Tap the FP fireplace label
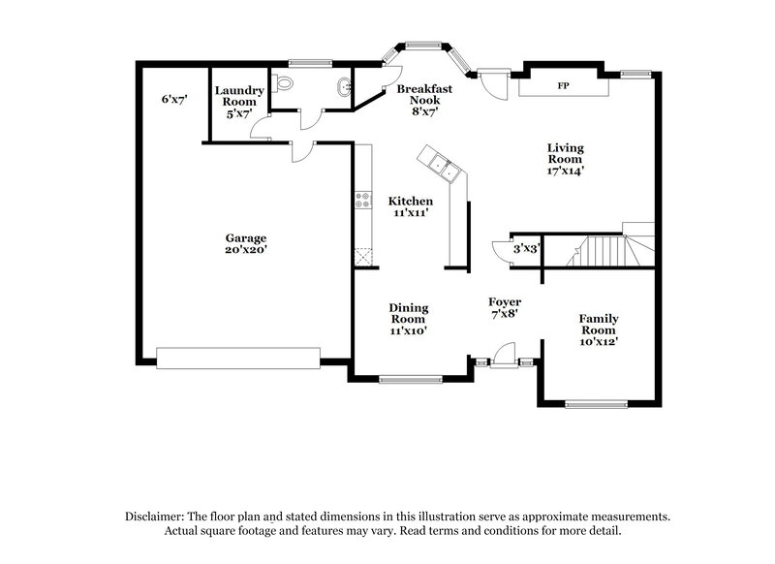pos(562,86)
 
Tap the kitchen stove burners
pos(364,201)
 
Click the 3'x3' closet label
pos(525,249)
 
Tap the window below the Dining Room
pos(409,379)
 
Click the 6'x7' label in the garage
pos(175,99)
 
